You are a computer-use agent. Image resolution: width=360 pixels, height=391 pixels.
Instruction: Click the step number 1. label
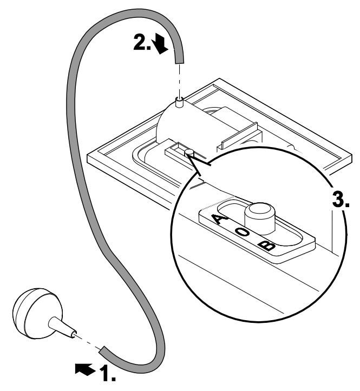pos(108,373)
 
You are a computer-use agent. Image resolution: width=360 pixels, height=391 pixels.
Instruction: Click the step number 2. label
pos(142,42)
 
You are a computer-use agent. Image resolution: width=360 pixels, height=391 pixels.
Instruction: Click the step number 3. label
pos(341,198)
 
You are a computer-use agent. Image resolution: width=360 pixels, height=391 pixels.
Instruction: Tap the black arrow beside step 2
pos(160,44)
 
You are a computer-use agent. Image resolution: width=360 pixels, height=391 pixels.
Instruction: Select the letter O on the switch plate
pos(243,232)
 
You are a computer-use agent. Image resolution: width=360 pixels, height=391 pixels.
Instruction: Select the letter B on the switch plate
pos(266,246)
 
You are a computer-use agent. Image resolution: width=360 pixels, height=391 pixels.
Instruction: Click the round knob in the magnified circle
pos(260,218)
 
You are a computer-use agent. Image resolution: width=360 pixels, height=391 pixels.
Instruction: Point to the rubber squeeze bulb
pos(37,313)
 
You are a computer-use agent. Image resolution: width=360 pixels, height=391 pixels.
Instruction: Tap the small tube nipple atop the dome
pos(179,102)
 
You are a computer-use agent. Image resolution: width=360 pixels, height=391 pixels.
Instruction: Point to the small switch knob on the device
pos(189,153)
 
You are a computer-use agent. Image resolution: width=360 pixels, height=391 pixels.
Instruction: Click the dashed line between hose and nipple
pos(180,81)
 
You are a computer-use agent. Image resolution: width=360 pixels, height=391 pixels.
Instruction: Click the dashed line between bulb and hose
pos(88,342)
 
